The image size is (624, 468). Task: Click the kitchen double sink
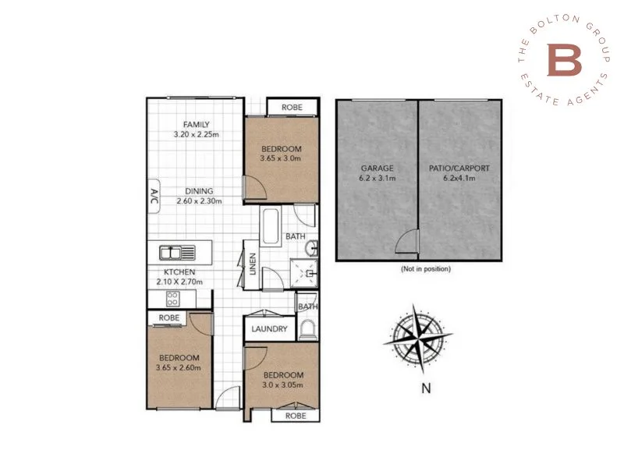coord(179,252)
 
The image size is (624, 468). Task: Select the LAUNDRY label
coord(269,329)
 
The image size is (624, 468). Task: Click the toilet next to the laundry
coord(309,328)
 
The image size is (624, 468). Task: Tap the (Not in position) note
coord(426,268)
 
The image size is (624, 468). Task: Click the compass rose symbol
coord(419,336)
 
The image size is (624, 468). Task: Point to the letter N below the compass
coord(426,386)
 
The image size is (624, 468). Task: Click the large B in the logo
coord(564,61)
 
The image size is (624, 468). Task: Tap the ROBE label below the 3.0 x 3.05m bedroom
coord(296,416)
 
